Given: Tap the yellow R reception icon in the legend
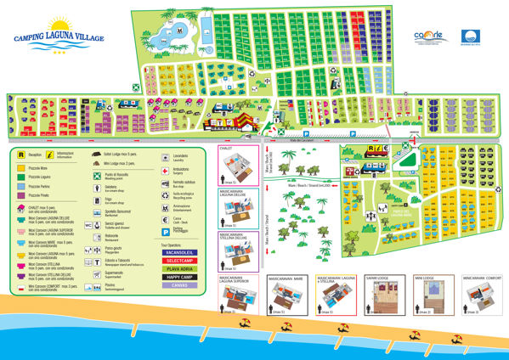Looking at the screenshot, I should click(x=20, y=155).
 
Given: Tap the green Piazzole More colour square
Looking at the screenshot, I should click(x=20, y=168).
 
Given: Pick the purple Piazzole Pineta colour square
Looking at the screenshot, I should click(x=20, y=194).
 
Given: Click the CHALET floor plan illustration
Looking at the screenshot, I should click(x=236, y=165).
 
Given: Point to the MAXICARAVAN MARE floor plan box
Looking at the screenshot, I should click(x=286, y=297).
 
